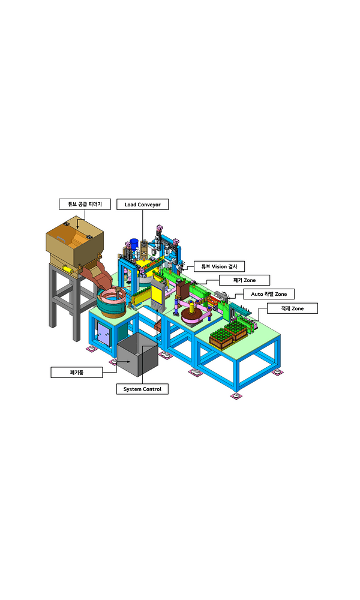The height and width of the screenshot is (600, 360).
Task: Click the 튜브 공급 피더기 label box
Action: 85,204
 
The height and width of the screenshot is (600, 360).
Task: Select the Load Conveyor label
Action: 142,205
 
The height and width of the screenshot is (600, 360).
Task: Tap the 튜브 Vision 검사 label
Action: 219,266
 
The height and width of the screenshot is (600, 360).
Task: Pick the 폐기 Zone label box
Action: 244,280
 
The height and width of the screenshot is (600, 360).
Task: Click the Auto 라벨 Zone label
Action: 269,294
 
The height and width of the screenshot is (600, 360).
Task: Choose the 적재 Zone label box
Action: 292,308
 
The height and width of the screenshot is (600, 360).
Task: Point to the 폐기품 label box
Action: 77,373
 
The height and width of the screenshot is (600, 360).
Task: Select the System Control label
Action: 142,389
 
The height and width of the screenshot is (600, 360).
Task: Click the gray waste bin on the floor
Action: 137,355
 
